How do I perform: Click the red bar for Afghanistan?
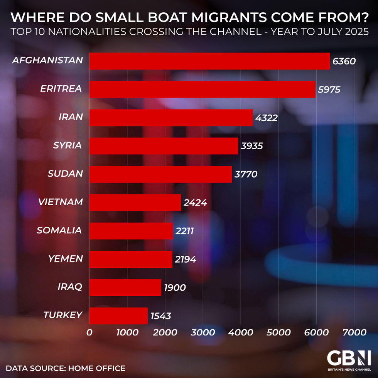[x=209, y=61]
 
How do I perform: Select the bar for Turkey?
[x=118, y=316]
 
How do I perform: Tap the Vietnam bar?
[x=135, y=202]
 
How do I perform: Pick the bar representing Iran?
[x=171, y=118]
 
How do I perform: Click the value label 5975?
[x=329, y=89]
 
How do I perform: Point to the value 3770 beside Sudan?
[x=246, y=174]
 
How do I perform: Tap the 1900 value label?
[x=174, y=287]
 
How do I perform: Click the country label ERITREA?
[x=61, y=89]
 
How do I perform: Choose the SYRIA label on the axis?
[x=67, y=145]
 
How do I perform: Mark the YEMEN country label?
[x=66, y=258]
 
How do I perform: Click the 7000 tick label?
[x=354, y=332]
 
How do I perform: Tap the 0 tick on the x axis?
[x=89, y=332]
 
